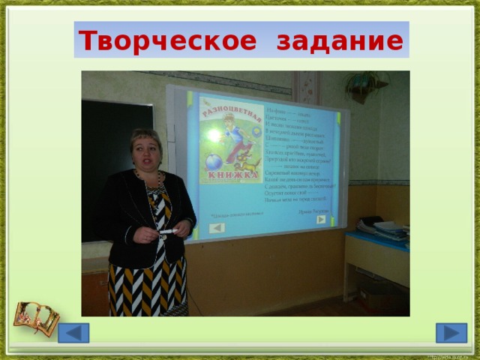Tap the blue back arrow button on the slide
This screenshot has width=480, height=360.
coord(73,332)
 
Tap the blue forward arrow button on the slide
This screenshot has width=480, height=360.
coord(451,332)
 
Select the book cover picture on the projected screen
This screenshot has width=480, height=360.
coord(230,140)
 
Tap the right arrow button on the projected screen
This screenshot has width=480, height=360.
coord(321,220)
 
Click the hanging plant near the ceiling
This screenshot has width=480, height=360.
coord(366,84)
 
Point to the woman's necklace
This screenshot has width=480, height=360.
coord(146,180)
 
